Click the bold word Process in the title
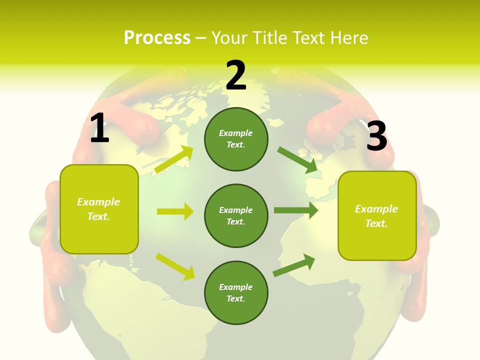point(157,38)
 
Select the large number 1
point(99,128)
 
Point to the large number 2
point(236,75)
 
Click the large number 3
point(376,136)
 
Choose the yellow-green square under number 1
point(99,209)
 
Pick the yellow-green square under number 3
point(377,215)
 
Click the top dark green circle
point(236,139)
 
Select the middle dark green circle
point(236,215)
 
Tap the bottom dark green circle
point(236,292)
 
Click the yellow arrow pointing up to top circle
point(174,159)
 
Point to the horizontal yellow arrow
point(175,211)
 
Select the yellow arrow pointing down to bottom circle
point(175,266)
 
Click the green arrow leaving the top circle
point(297,160)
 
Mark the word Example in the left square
point(98,202)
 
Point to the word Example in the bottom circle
point(236,287)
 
